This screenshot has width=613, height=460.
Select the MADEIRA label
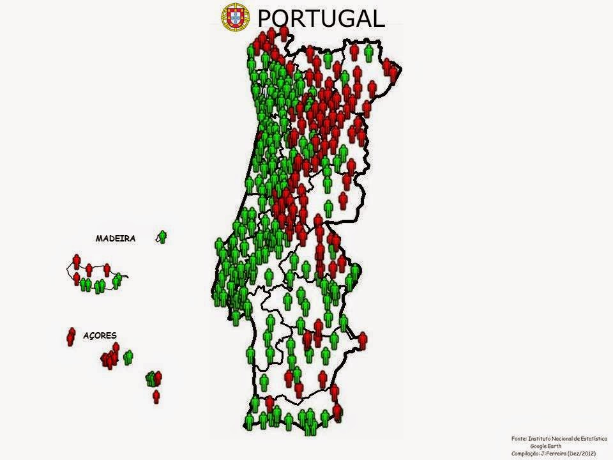pyautogui.click(x=116, y=238)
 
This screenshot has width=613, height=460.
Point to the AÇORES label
pyautogui.click(x=100, y=335)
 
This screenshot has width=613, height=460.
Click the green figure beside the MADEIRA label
pyautogui.click(x=163, y=236)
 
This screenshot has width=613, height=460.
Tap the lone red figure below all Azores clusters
pyautogui.click(x=156, y=396)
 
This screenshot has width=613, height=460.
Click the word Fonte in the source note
pyautogui.click(x=519, y=438)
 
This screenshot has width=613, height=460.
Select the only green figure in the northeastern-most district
pyautogui.click(x=368, y=52)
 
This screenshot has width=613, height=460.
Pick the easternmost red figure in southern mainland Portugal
pyautogui.click(x=363, y=341)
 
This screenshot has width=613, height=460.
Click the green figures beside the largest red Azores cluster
pyautogui.click(x=128, y=357)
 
